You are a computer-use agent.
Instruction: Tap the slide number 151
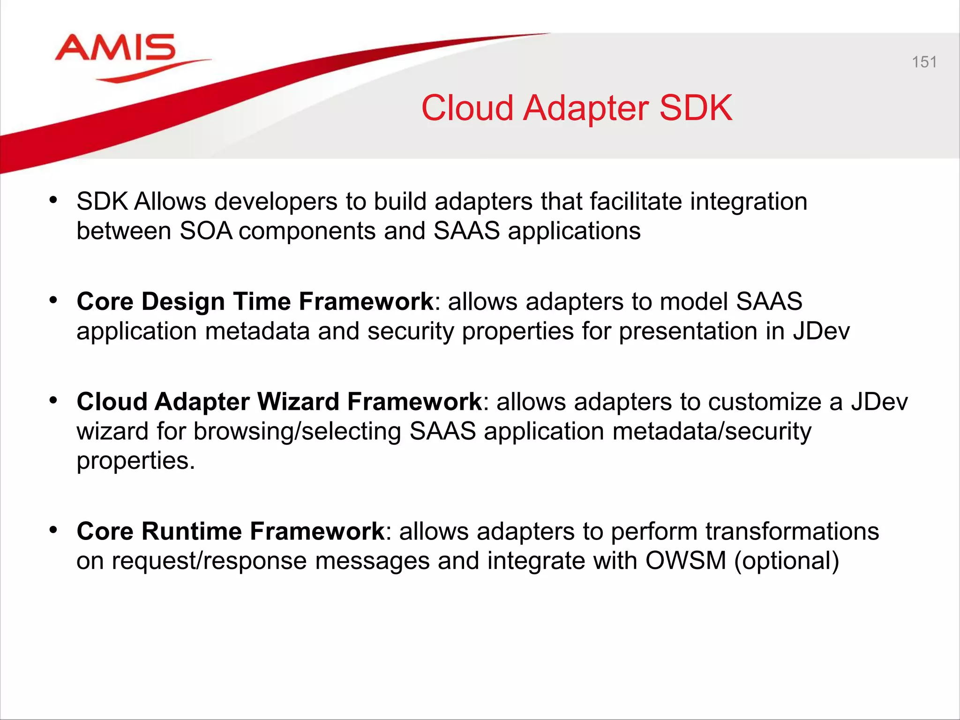pos(924,62)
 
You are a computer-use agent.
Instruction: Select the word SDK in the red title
pos(696,108)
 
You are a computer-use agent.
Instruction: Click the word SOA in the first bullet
pos(206,231)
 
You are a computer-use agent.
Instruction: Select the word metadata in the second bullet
pos(257,331)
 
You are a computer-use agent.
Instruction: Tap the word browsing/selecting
pos(297,432)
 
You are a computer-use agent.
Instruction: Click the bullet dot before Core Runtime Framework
pos(53,530)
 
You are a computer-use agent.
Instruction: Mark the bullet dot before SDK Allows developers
pos(53,200)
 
